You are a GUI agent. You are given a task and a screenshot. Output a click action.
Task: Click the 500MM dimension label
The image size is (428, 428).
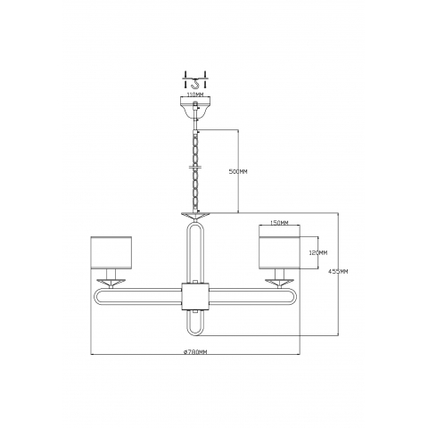tap(238, 172)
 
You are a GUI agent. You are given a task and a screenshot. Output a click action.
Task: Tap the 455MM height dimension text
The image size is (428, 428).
tap(338, 271)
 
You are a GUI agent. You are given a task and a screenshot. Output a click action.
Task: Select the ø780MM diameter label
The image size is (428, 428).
tap(195, 352)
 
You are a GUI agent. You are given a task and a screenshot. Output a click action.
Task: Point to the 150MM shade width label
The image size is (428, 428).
tap(279, 223)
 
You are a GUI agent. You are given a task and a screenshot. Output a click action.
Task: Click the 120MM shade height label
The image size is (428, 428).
tap(318, 253)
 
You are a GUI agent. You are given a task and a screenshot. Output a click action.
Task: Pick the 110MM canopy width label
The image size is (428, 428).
tap(194, 95)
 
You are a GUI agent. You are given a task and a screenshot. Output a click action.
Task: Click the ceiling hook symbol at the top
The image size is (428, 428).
tap(194, 84)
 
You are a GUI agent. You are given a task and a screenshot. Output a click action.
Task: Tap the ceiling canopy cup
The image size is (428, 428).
tap(195, 107)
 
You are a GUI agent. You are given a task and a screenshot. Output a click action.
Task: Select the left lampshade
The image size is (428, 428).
tap(111, 253)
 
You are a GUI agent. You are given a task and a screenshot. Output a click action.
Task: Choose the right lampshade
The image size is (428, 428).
tap(279, 253)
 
